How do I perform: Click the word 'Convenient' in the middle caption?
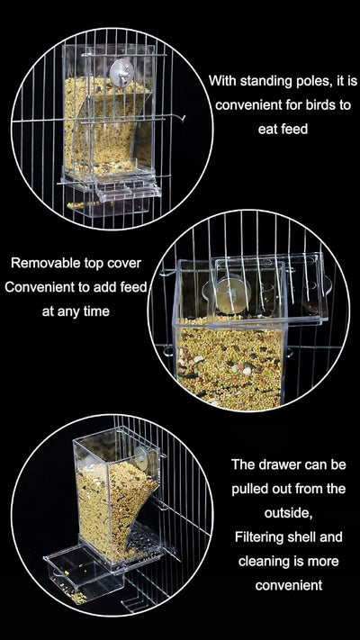[45, 288]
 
